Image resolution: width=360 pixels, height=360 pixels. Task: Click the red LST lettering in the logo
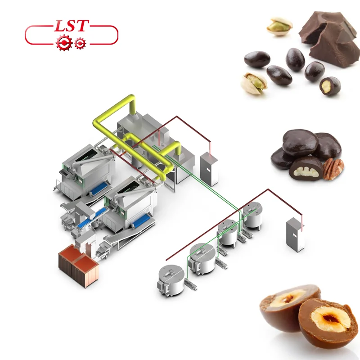point(72,26)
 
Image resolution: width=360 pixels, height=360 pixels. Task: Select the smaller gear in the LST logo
point(80,43)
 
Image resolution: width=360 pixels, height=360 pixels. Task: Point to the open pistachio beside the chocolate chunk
point(279,26)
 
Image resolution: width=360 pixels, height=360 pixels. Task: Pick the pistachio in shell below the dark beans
point(254,83)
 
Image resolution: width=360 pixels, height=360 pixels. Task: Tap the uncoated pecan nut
point(333,169)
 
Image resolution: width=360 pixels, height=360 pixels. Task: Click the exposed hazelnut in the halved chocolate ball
point(330,321)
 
